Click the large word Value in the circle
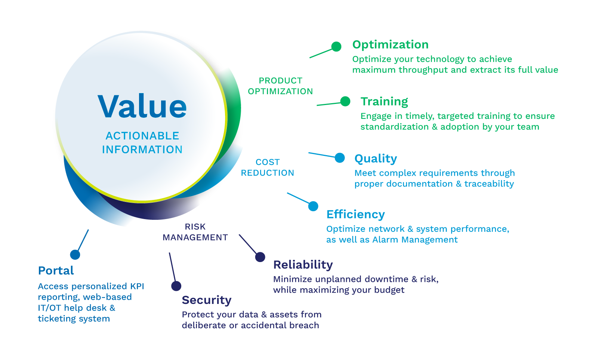coord(142,107)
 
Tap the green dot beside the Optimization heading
coord(336,46)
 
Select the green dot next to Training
coord(345,101)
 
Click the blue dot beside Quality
coord(340,158)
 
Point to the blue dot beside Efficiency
coord(313,206)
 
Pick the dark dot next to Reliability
coord(260,257)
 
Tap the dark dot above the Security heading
coord(176,286)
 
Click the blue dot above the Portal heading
coord(75,255)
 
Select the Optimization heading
coord(390,45)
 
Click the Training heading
coord(384,102)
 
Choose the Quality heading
coord(376,159)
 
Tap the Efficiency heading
coord(355,214)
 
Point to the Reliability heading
coord(303,265)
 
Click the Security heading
coord(207,300)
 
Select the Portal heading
coord(56,271)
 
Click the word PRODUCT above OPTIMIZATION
coord(280,81)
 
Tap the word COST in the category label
coord(268,162)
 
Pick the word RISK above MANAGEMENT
coord(195,227)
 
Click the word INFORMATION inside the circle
coord(142,150)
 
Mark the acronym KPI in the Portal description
coord(137,286)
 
